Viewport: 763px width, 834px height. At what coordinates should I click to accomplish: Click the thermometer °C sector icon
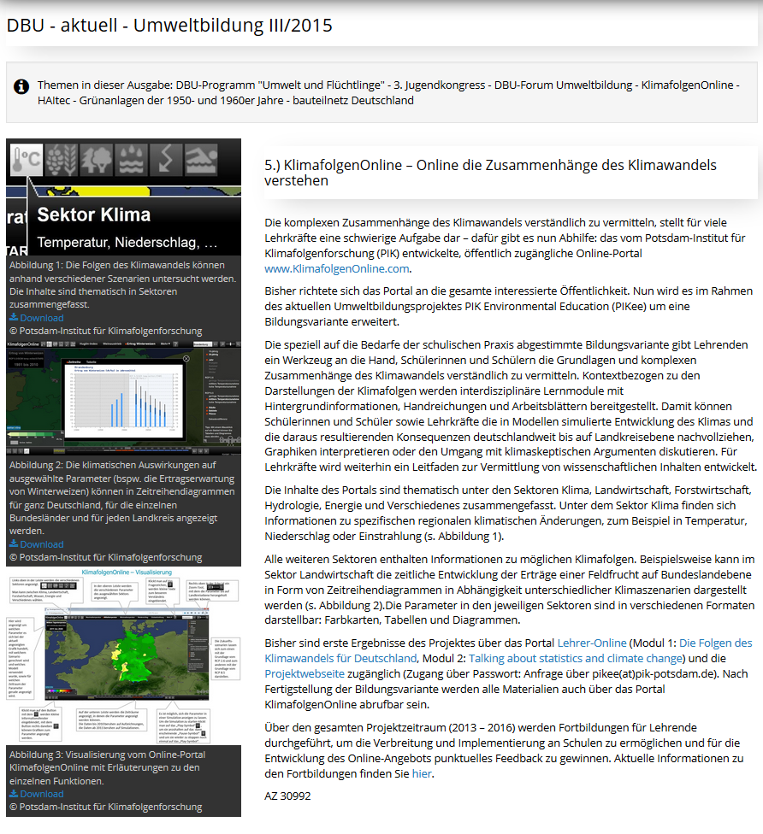(27, 160)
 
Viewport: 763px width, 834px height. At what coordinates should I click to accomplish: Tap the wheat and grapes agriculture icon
(61, 160)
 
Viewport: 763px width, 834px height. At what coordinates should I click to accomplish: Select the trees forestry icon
(96, 160)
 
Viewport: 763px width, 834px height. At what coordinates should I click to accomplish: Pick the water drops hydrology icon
(130, 160)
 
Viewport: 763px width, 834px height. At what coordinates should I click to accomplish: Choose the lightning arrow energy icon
(165, 160)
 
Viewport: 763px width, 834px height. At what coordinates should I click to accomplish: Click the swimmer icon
(200, 160)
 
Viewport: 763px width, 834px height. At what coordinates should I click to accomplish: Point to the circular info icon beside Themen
(21, 86)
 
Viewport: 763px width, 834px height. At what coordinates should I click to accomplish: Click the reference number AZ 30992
(287, 796)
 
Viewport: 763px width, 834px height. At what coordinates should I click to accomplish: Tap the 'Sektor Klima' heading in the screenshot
(94, 214)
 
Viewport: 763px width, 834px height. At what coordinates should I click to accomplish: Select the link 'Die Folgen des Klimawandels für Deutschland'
(509, 650)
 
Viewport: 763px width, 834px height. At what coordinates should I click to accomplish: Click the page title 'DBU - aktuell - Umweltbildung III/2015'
(169, 26)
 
